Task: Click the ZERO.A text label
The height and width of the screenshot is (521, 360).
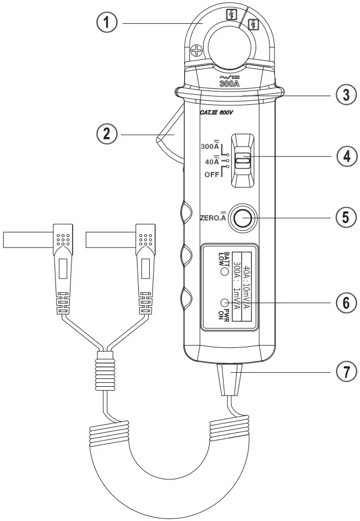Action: [212, 218]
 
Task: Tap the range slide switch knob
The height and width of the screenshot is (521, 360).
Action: [243, 161]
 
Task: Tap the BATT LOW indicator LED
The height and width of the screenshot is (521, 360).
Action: [225, 272]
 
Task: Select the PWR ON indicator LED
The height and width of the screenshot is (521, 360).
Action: [225, 303]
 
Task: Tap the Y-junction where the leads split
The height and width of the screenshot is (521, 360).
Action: [103, 355]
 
